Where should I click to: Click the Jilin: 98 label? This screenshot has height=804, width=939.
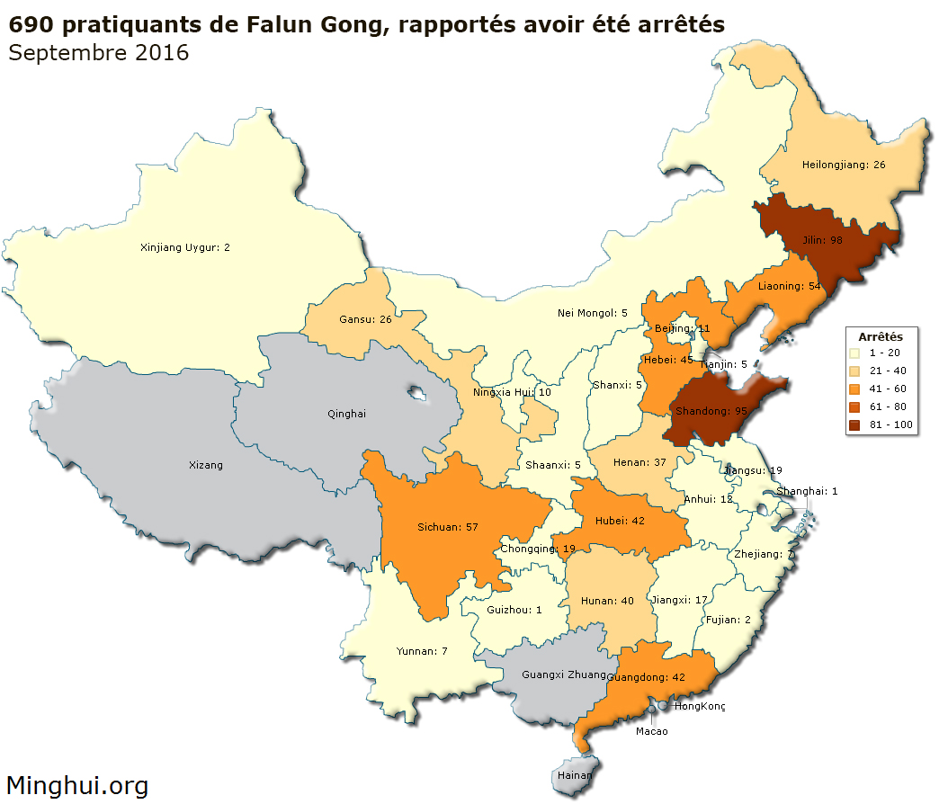click(x=824, y=240)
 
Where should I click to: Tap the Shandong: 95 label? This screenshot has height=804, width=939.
click(x=711, y=411)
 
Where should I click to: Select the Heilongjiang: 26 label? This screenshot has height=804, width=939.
click(x=843, y=165)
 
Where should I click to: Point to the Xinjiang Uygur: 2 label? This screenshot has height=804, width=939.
click(x=185, y=246)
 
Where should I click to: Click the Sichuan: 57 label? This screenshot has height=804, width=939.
click(x=446, y=526)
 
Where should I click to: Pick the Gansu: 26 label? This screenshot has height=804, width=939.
click(x=364, y=319)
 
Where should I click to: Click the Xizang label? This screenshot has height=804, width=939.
click(x=205, y=465)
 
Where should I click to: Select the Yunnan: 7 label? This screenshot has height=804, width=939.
click(x=422, y=650)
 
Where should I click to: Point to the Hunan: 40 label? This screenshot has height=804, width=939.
click(x=606, y=601)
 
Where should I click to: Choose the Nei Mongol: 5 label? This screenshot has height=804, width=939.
click(x=592, y=313)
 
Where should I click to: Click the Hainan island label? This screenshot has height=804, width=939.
click(x=575, y=775)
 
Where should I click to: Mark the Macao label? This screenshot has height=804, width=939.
click(x=651, y=731)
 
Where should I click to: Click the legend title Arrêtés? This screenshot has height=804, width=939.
click(x=881, y=335)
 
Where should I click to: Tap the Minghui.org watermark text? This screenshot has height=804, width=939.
click(x=77, y=786)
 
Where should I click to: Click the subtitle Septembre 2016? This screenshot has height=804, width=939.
click(x=98, y=53)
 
